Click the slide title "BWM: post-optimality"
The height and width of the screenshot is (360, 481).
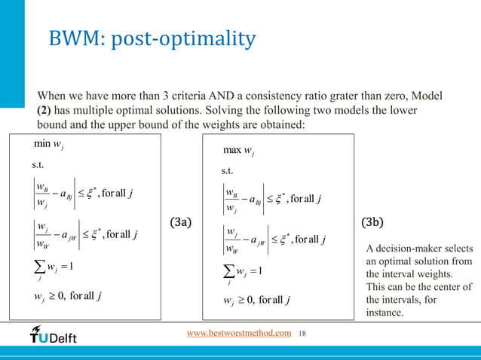(152, 38)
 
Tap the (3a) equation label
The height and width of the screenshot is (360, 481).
(181, 223)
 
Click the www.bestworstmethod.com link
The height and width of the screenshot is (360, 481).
(239, 333)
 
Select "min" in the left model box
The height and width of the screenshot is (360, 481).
(41, 143)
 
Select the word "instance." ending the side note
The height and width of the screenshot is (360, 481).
(384, 312)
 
